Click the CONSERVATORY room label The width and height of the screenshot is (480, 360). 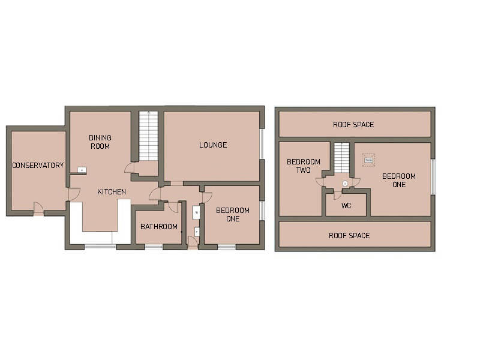(38, 165)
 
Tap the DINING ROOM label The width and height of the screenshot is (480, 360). (100, 142)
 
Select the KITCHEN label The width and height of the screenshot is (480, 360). (112, 192)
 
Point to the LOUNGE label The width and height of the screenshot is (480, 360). (213, 145)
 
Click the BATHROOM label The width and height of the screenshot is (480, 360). (159, 227)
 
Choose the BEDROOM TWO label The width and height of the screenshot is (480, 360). (303, 166)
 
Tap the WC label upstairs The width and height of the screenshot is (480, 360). (346, 206)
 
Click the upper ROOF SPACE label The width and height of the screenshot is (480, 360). (353, 125)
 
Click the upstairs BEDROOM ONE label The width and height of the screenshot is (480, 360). (399, 180)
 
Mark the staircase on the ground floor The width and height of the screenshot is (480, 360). (148, 135)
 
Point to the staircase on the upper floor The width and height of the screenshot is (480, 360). (341, 157)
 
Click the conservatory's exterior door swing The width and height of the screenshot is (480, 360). (38, 208)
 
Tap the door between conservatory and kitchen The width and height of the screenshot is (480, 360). (74, 194)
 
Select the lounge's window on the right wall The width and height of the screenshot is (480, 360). (262, 144)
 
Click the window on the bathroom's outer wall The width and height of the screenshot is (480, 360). (154, 246)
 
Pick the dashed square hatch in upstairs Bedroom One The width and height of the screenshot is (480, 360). (368, 160)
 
